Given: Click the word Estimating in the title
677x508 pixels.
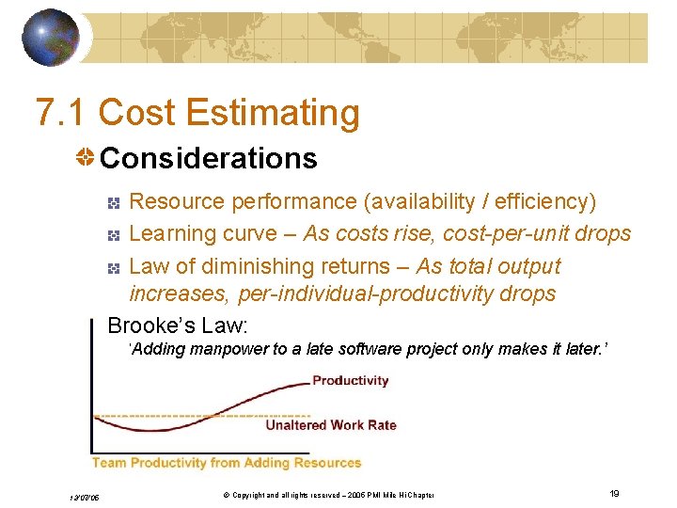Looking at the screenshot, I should click(x=273, y=113).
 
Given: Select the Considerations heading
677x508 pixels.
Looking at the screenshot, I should click(x=208, y=158).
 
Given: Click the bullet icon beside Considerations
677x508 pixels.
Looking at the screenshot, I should click(x=86, y=158).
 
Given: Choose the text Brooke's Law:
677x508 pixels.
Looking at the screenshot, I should click(x=178, y=325).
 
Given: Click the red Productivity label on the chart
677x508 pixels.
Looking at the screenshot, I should click(x=350, y=381).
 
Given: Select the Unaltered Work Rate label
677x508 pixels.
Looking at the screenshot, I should click(x=331, y=425).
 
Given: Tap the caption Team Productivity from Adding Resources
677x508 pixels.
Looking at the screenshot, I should click(x=226, y=463).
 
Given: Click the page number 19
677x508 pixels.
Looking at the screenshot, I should click(x=613, y=494).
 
